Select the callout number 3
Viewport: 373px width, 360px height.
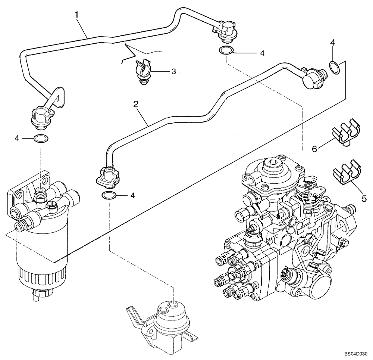pos(173,71)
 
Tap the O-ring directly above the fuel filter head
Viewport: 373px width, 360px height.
pos(40,139)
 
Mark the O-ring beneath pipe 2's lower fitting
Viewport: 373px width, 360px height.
pos(108,195)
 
